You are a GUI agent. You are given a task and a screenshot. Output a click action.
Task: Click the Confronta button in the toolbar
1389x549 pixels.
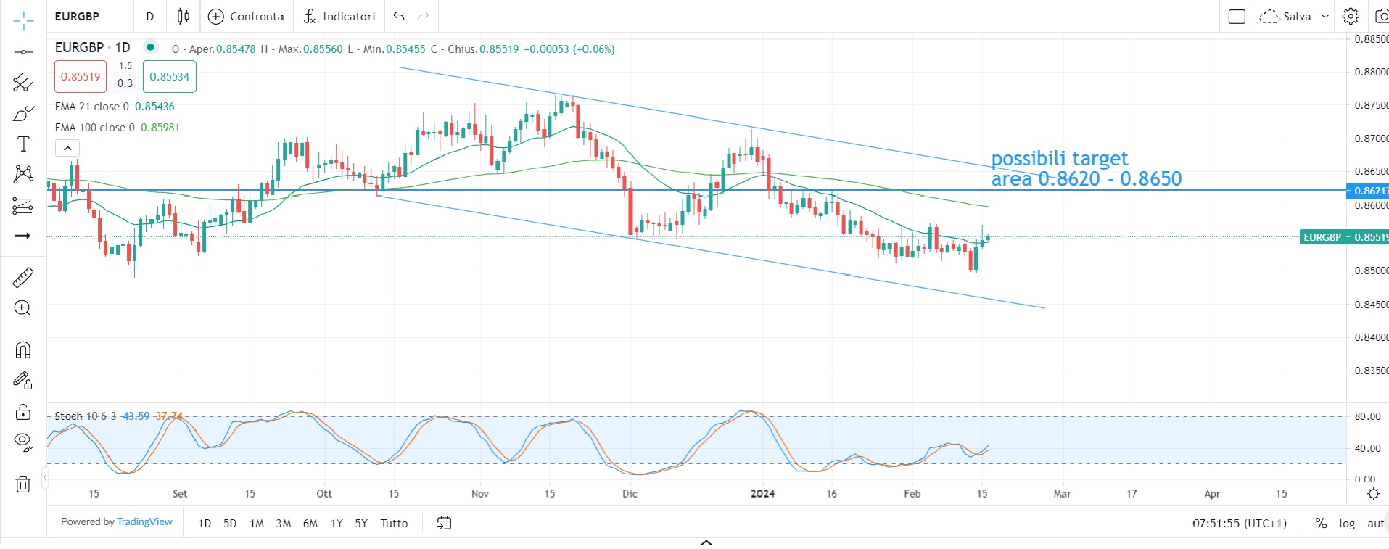pos(247,16)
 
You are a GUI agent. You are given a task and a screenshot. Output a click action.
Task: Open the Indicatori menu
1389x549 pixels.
pos(339,16)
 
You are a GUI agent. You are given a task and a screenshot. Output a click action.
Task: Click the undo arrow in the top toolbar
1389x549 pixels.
pos(399,16)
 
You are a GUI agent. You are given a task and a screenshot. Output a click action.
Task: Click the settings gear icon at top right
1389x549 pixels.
pos(1350,16)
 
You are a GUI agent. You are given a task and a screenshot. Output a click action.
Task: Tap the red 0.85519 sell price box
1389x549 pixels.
pos(81,76)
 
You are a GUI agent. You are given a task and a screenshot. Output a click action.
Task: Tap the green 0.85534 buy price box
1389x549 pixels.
pos(169,76)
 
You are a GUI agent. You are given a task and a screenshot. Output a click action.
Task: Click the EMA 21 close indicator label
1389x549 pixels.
pos(92,107)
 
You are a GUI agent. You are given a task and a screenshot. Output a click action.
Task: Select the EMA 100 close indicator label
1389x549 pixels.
pos(95,128)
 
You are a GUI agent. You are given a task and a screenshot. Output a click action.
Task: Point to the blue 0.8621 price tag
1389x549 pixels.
pos(1368,191)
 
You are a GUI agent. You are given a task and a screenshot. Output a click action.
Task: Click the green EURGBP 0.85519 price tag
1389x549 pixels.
pos(1344,237)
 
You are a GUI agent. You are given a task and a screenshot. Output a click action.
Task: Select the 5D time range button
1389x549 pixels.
pos(230,523)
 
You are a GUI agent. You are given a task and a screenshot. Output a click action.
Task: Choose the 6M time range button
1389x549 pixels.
pos(310,523)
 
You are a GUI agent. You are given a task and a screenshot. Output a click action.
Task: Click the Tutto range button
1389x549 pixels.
pos(394,523)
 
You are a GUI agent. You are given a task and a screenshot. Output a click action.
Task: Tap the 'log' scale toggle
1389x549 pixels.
pos(1347,523)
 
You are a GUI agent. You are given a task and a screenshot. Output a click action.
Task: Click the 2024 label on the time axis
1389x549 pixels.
pos(762,494)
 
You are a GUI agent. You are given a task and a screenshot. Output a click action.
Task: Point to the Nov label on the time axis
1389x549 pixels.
pos(480,494)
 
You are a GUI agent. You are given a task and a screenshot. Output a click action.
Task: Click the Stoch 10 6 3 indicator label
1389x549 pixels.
pos(85,416)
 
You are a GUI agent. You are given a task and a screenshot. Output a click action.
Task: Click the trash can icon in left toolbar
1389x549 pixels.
pos(23,484)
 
